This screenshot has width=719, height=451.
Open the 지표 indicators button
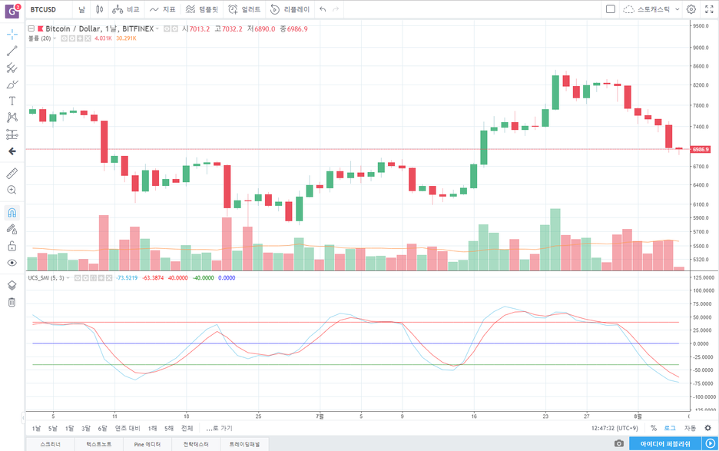click(163, 9)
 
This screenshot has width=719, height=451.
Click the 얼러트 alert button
click(244, 9)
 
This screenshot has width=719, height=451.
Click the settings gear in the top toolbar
click(691, 9)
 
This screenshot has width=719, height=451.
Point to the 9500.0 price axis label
click(699, 25)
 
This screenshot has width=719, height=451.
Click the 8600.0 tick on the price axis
click(699, 66)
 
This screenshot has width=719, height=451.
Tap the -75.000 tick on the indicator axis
click(701, 383)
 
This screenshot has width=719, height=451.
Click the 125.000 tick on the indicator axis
click(701, 290)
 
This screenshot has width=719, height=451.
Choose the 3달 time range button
click(86, 428)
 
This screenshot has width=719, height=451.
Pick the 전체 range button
click(187, 428)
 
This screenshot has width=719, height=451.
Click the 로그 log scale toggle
click(670, 428)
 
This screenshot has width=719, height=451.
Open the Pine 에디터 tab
click(148, 444)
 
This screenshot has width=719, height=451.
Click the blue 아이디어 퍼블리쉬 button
click(665, 443)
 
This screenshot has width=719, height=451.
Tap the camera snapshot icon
click(619, 443)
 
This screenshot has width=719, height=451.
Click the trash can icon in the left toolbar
click(12, 302)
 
